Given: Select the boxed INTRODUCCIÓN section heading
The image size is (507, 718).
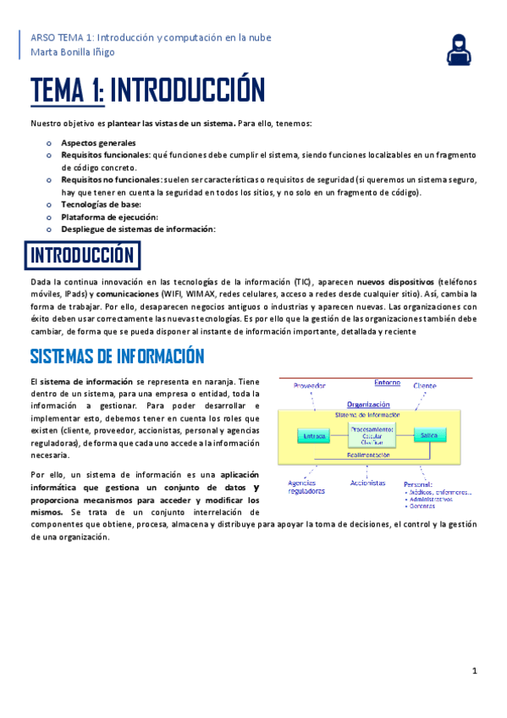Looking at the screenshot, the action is pos(82,255).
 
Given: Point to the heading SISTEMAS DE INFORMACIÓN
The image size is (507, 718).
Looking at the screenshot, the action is pos(118,355).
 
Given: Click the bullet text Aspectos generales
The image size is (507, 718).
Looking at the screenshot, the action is pos(98,143).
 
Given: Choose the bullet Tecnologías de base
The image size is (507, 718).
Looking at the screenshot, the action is pos(101,204).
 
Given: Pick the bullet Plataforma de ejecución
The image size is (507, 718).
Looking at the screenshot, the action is pos(109,217).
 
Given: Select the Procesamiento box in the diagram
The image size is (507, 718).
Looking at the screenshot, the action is pos(372,435).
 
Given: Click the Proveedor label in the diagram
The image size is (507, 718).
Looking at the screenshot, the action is pos(310,386).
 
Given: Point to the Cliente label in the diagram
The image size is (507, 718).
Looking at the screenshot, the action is pos(425,386).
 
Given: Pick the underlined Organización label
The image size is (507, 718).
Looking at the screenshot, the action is pos(368,405).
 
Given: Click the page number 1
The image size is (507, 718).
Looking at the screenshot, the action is pos(475,671).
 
